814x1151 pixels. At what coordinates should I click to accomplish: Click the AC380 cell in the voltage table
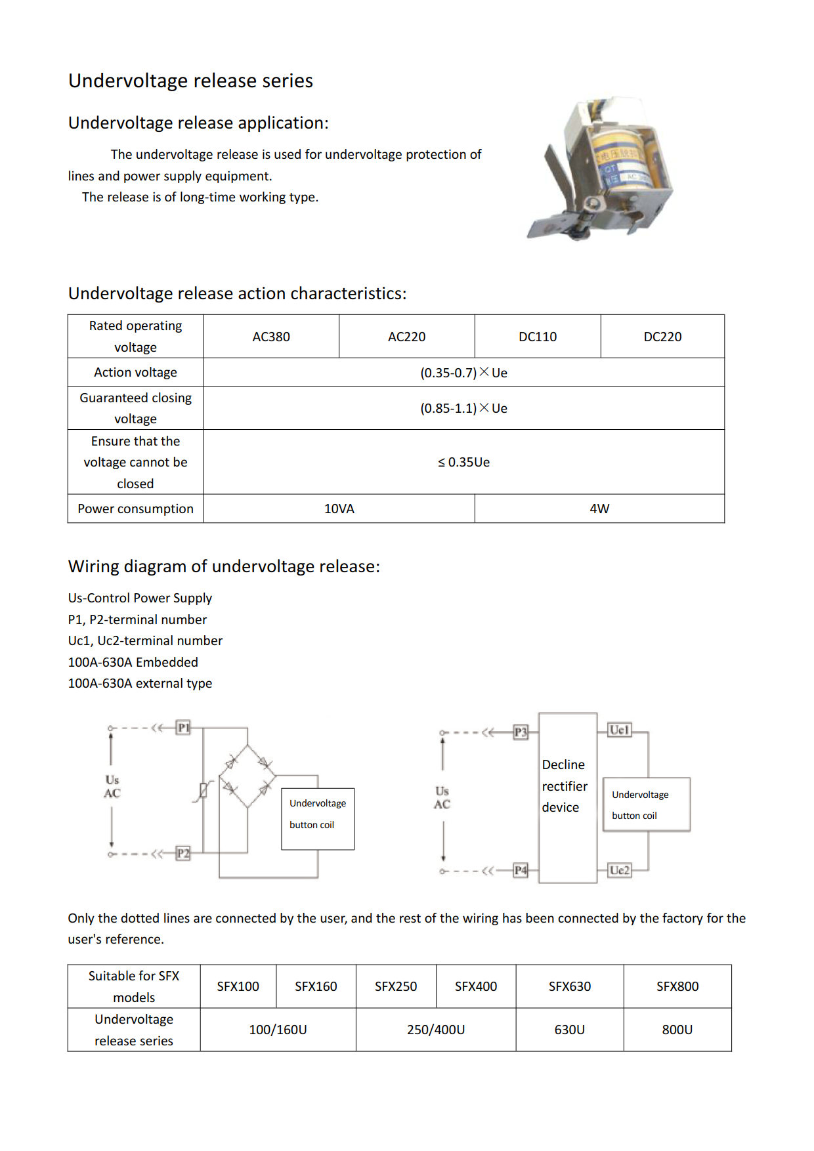(x=271, y=337)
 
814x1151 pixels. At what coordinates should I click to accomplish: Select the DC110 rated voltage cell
(x=538, y=337)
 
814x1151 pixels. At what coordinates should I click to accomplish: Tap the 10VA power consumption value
(x=339, y=509)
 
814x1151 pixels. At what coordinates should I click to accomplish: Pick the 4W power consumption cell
(x=599, y=509)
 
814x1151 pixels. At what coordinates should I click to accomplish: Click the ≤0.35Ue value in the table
(x=463, y=462)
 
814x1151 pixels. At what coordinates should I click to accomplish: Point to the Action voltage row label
(x=135, y=372)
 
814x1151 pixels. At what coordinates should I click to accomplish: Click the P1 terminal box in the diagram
(x=183, y=727)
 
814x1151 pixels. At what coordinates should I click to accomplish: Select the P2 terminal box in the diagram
(x=183, y=853)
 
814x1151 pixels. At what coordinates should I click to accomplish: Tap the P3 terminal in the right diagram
(x=521, y=732)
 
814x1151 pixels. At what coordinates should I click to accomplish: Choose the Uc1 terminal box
(x=620, y=730)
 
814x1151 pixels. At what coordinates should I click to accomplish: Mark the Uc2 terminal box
(x=620, y=870)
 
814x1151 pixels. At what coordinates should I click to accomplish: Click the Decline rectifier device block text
(x=565, y=786)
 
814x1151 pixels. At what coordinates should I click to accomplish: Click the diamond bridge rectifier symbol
(x=247, y=776)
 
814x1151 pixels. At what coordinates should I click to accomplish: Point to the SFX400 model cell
(x=476, y=986)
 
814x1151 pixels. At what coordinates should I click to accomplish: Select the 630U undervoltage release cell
(x=569, y=1030)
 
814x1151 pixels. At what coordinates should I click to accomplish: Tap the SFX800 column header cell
(x=677, y=986)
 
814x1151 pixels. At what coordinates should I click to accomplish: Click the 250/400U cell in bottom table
(x=436, y=1030)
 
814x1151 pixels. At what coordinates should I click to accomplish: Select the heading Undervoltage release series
(x=190, y=81)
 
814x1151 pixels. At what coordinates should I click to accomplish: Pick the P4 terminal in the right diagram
(x=521, y=870)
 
